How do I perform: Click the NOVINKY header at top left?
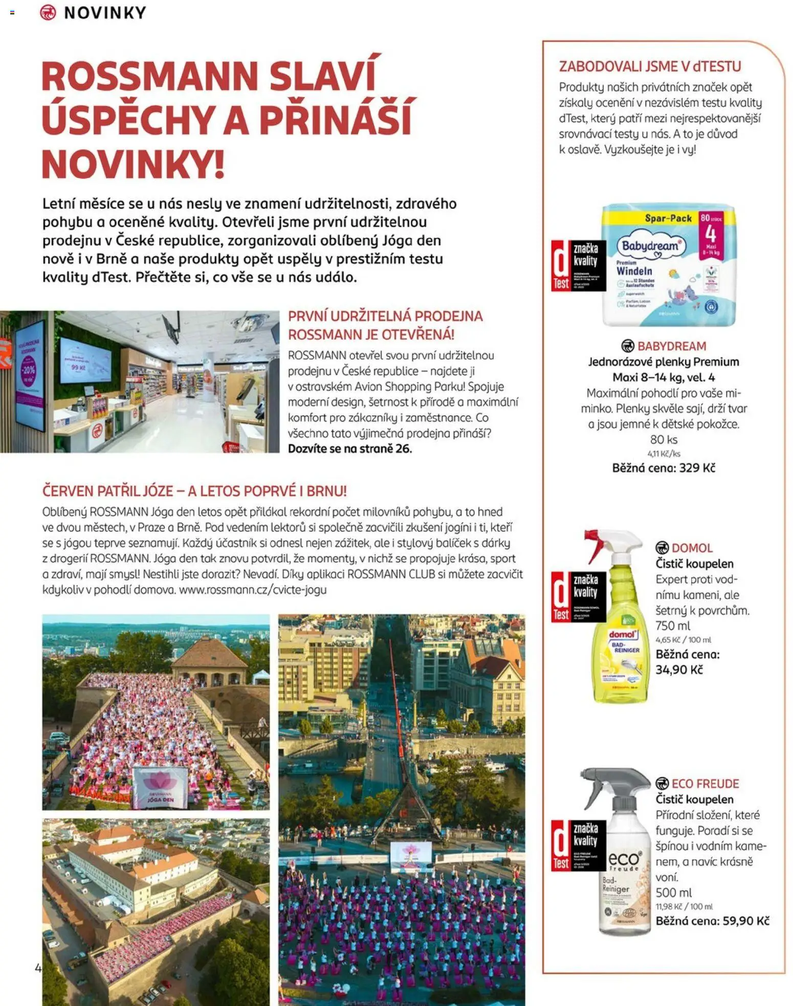(x=105, y=13)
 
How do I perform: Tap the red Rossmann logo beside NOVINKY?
(x=48, y=12)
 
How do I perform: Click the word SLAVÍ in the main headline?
(x=322, y=77)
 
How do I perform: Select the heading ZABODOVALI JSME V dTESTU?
(x=650, y=66)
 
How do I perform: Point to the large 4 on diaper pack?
(x=711, y=234)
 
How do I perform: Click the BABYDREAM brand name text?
(x=671, y=346)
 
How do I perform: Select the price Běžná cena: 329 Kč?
(x=664, y=468)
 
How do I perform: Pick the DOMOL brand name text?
(x=692, y=548)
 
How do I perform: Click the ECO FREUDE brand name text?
(x=704, y=784)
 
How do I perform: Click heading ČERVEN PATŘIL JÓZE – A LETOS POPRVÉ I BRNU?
(x=194, y=491)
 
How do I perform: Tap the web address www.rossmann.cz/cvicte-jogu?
(x=253, y=590)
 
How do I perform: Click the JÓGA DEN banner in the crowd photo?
(x=160, y=788)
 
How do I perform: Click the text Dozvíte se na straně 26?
(x=349, y=449)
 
